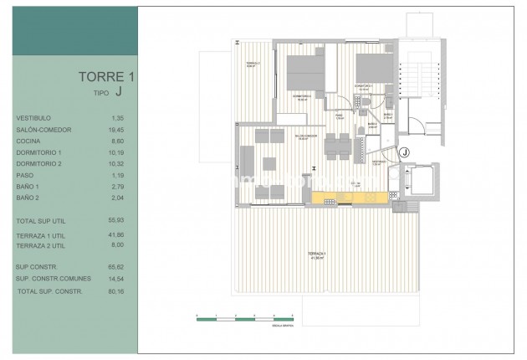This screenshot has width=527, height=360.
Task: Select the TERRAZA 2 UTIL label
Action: pos(42,248)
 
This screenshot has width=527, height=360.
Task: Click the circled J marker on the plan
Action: pos(404,152)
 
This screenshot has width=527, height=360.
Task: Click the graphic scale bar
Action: pos(243,316)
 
